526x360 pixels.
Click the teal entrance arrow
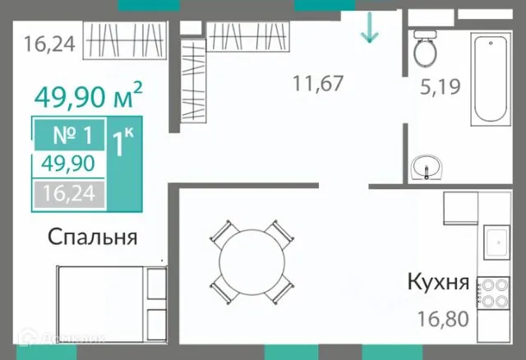click(x=369, y=29)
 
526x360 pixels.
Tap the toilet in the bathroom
click(x=426, y=50)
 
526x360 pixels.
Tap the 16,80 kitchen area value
click(x=445, y=316)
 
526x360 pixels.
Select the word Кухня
click(x=438, y=284)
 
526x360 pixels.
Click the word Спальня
click(x=91, y=238)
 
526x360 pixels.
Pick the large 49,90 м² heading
click(x=88, y=97)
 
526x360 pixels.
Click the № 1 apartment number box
click(x=69, y=134)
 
